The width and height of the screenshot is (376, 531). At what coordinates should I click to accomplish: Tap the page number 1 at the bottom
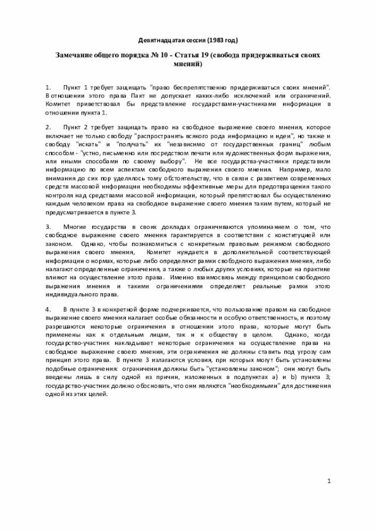[330, 481]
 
